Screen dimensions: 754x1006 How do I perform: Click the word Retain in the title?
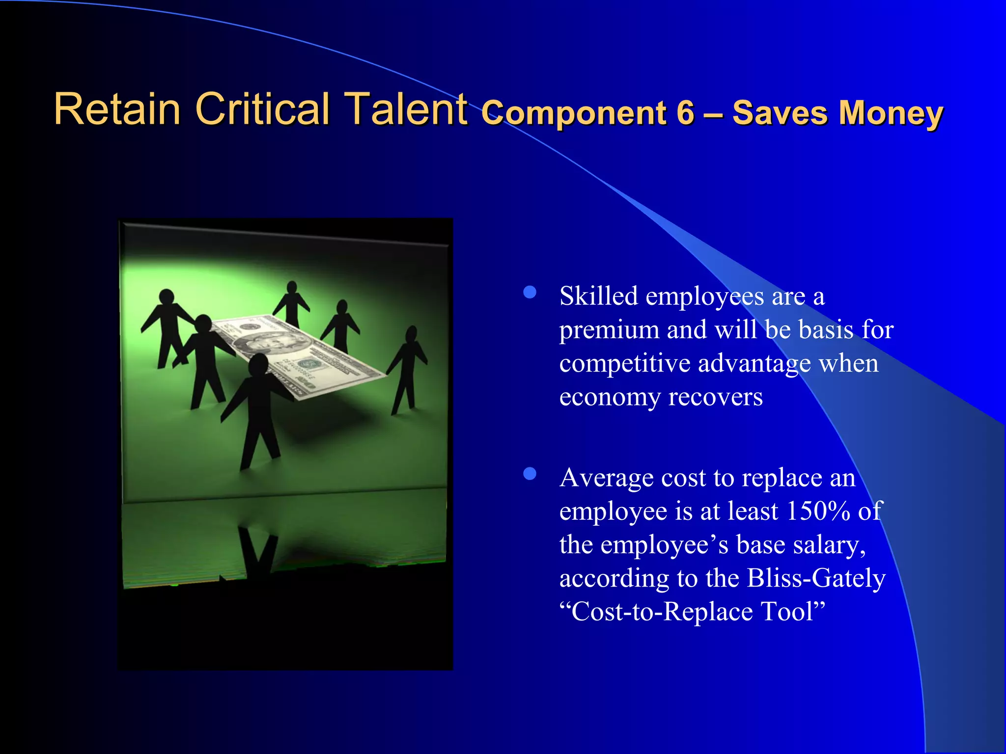click(x=117, y=109)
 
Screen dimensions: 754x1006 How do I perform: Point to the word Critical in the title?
click(x=262, y=109)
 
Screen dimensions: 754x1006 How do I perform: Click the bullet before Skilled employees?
click(x=530, y=293)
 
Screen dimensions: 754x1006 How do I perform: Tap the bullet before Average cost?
click(x=530, y=474)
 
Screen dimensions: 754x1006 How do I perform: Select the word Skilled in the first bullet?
click(x=599, y=296)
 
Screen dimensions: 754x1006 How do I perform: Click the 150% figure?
click(x=818, y=512)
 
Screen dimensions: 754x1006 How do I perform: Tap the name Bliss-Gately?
click(x=816, y=578)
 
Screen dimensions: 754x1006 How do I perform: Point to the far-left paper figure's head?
click(x=167, y=296)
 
